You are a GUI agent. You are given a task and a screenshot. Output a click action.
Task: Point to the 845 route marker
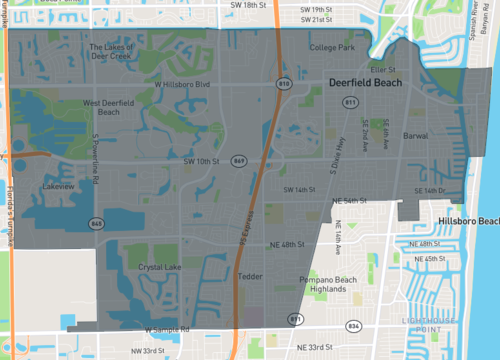pyautogui.click(x=93, y=222)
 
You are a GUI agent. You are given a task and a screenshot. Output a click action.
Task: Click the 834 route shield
pyautogui.click(x=352, y=326)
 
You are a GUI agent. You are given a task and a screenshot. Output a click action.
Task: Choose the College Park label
pyautogui.click(x=332, y=47)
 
